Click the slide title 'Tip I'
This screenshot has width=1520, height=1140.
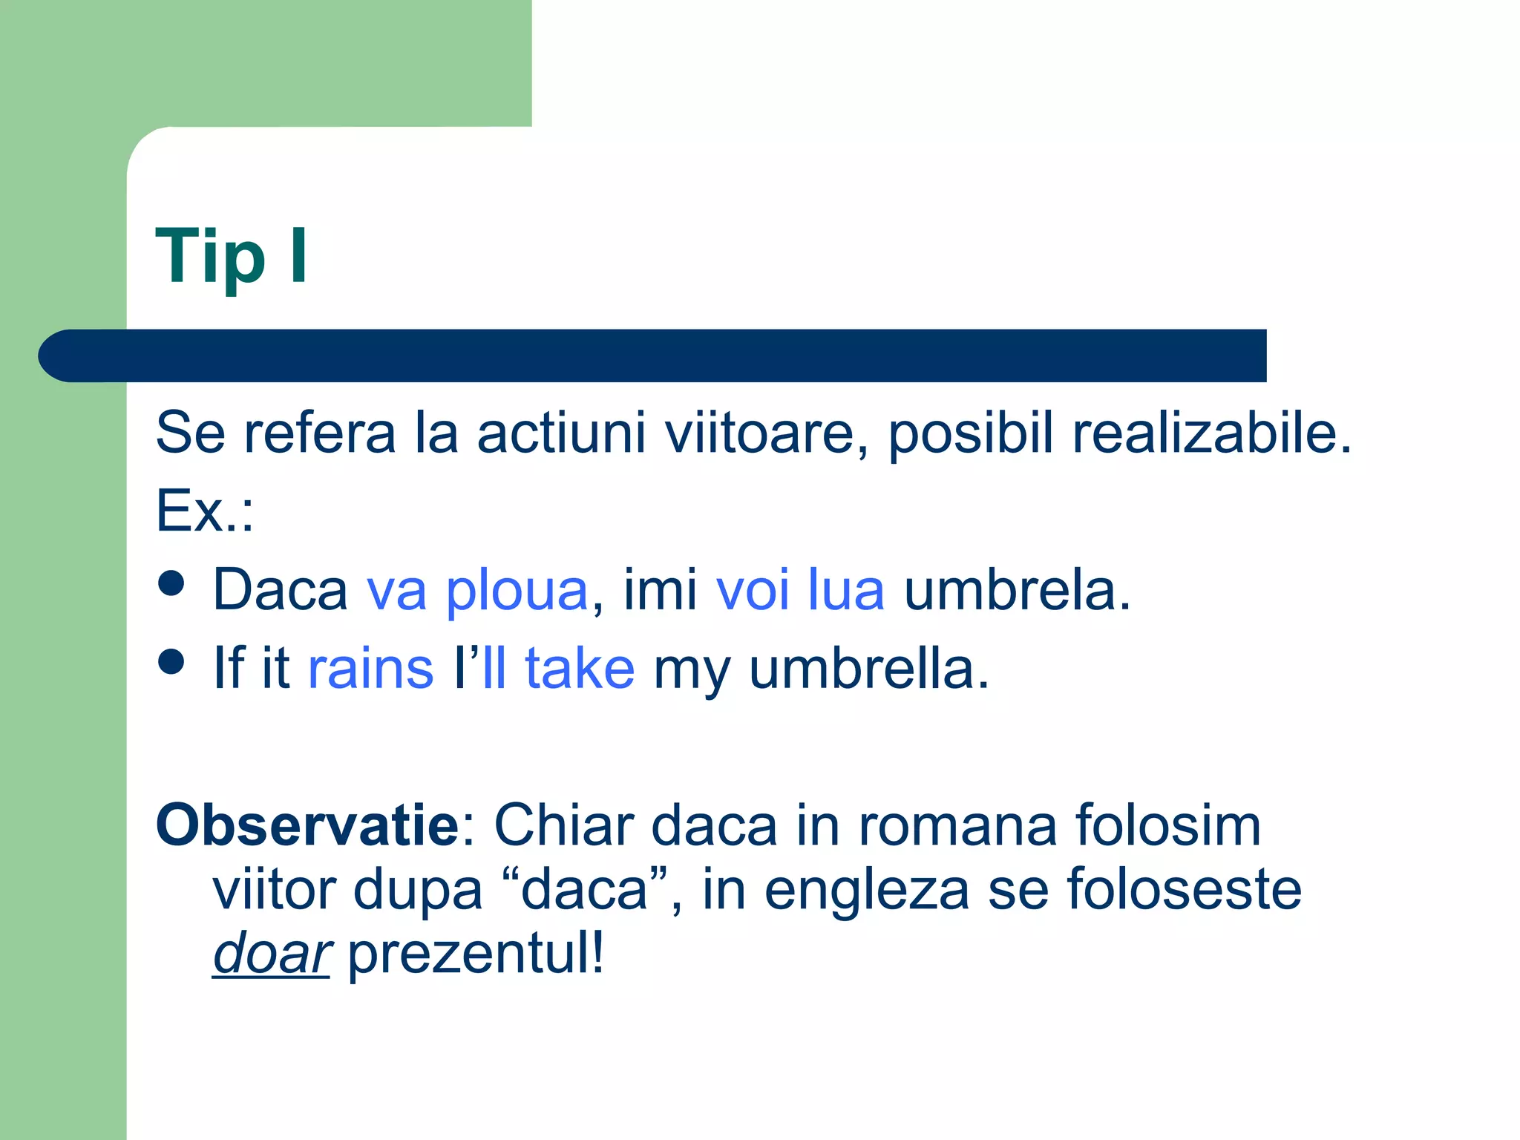pos(232,256)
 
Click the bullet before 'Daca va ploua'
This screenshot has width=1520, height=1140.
pos(171,583)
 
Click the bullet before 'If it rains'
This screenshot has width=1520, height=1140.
pos(171,661)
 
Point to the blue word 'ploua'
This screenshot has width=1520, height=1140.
pos(517,591)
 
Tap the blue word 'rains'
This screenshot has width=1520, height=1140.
pos(370,669)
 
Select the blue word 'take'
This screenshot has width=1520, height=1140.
pos(580,669)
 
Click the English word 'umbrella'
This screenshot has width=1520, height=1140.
pos(868,669)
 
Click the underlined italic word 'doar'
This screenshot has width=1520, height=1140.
pos(271,954)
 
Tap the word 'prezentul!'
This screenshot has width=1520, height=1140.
pos(476,954)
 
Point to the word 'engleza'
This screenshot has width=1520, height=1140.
pos(866,891)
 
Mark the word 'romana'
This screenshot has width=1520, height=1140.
pos(957,825)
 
